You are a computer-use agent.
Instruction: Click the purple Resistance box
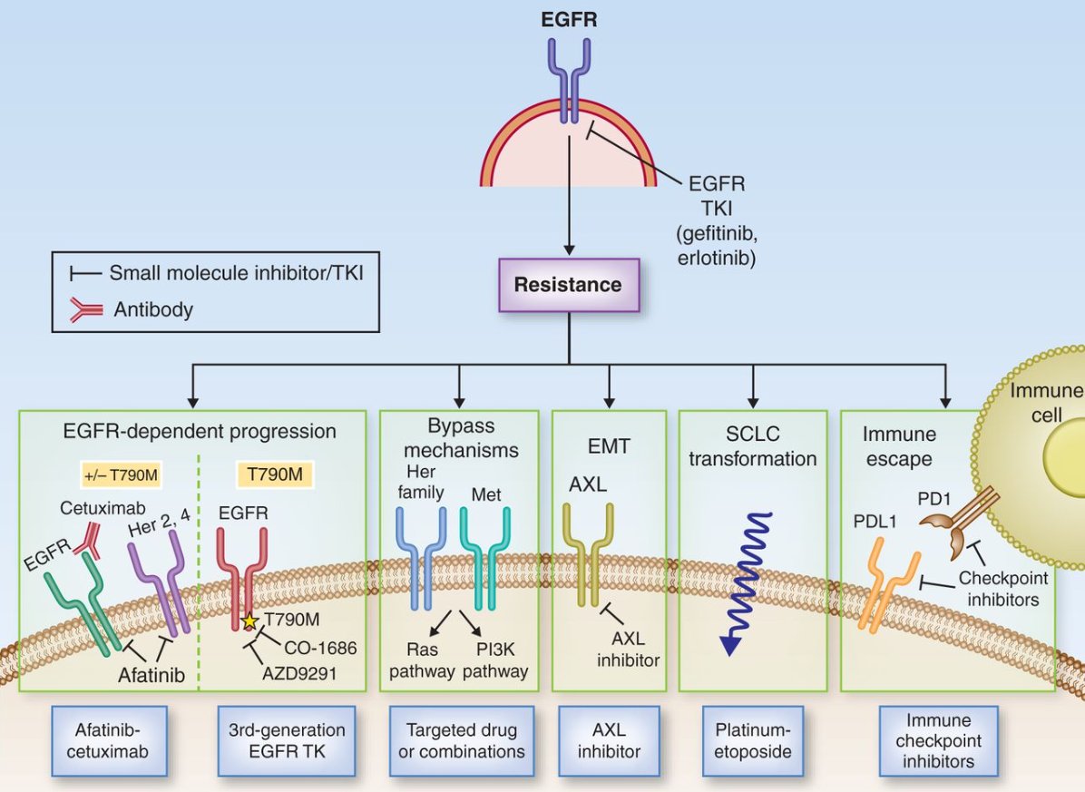click(568, 285)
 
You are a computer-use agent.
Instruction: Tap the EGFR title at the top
click(569, 20)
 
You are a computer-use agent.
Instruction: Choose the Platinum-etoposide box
click(753, 740)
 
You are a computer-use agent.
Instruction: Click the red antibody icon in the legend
click(87, 309)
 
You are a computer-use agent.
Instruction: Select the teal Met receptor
click(485, 553)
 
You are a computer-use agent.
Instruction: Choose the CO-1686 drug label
click(319, 648)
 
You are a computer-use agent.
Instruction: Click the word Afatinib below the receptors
click(152, 675)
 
